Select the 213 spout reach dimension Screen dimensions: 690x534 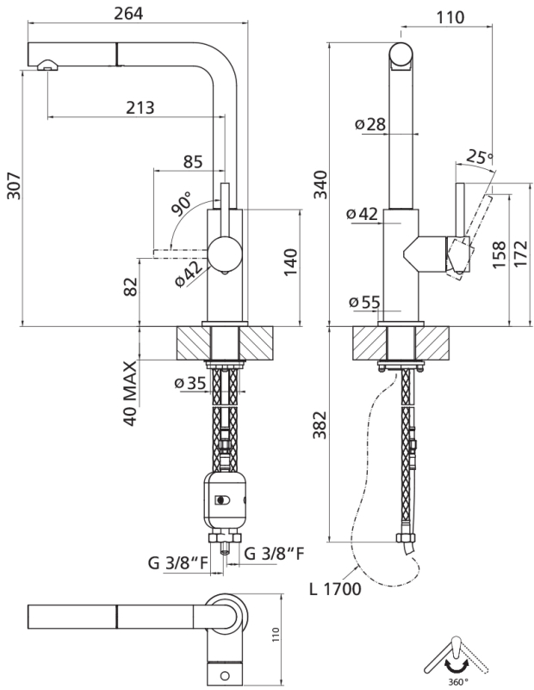pyautogui.click(x=140, y=107)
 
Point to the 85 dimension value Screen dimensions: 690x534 pyautogui.click(x=194, y=161)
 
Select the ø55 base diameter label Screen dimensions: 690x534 pyautogui.click(x=366, y=302)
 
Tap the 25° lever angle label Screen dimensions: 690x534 pyautogui.click(x=480, y=157)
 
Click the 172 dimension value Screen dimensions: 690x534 pyautogui.click(x=519, y=255)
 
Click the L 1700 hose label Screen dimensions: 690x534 pyautogui.click(x=333, y=590)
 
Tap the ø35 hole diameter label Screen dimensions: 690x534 pyautogui.click(x=190, y=384)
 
